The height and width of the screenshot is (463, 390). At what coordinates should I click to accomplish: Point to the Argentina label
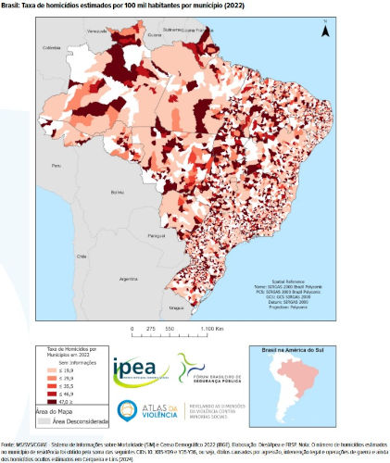[117, 277]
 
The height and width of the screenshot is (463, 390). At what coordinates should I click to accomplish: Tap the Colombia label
[50, 47]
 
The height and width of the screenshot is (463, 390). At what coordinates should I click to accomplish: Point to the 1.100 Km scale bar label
[209, 329]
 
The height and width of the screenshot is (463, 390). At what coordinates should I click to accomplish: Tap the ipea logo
[140, 369]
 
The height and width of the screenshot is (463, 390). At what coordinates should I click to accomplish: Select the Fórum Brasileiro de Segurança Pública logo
[209, 370]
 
